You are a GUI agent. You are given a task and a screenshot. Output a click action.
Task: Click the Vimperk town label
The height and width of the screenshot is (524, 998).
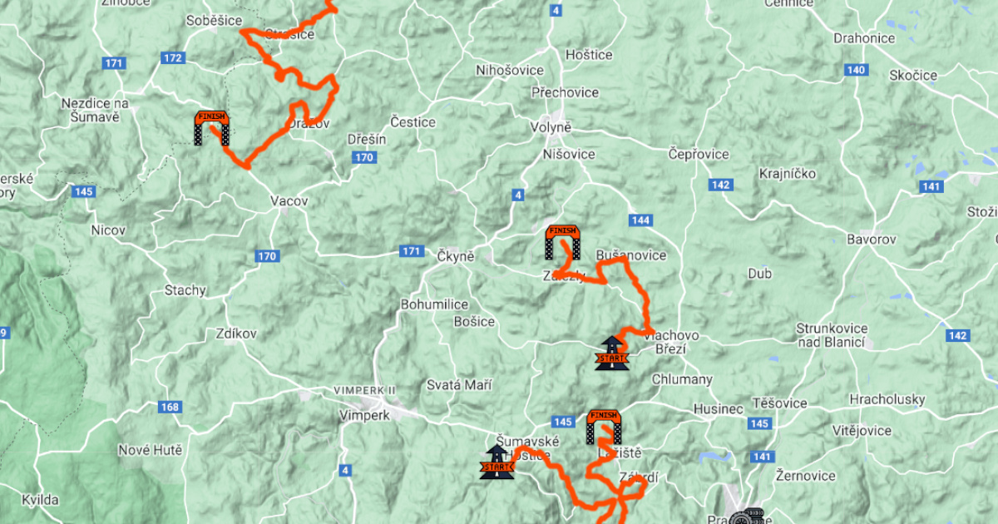coord(364,415)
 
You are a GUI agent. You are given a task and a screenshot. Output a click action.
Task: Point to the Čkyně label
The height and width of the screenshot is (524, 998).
coord(455,256)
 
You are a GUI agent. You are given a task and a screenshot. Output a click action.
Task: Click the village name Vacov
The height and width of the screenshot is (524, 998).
coord(289,201)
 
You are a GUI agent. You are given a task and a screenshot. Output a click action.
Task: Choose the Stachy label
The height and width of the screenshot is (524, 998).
coord(185,290)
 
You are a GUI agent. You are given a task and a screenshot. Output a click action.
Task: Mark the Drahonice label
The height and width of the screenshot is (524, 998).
coord(864,38)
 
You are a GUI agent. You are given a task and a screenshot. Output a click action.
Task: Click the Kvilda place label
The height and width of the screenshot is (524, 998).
coord(40,500)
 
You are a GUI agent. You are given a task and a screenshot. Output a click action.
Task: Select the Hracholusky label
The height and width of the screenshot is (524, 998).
coord(887,399)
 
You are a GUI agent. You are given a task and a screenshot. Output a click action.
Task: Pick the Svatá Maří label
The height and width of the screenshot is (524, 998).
coord(458,385)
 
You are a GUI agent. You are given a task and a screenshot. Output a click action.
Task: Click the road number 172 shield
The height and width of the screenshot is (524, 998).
coord(174,58)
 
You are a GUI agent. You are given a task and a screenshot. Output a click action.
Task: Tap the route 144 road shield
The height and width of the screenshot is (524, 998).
coord(640,220)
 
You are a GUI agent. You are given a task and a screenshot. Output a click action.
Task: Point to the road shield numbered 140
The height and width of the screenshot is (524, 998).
coord(857,70)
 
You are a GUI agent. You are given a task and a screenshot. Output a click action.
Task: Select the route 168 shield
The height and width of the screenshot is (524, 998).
coord(170,407)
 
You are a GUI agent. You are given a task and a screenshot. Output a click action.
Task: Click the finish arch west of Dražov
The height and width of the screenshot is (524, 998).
coord(211,128)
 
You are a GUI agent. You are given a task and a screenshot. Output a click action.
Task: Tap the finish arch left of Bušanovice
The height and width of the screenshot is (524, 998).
coord(562,242)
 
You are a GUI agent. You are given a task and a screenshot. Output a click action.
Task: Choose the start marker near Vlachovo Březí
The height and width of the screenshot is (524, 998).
coord(611,353)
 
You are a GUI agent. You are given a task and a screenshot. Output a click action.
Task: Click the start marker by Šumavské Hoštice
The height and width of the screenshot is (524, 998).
coord(497,462)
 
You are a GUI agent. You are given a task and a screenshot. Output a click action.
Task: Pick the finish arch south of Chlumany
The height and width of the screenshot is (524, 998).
coord(603,426)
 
